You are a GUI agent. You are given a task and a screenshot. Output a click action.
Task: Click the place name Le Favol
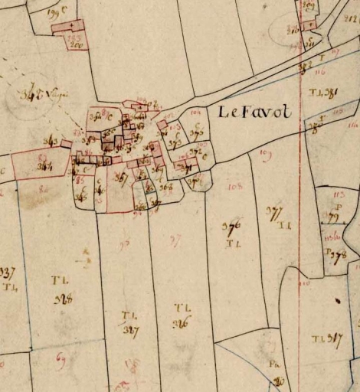coord(255,113)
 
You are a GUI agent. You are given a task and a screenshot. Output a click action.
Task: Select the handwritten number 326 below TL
coord(182,322)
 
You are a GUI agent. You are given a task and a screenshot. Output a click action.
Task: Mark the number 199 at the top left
coord(54,13)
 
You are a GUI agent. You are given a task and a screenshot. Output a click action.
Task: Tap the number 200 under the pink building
coord(75,44)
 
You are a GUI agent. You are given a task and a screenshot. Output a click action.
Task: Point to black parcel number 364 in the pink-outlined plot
coord(45,165)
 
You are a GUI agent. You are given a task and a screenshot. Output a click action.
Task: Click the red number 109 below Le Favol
coord(266,155)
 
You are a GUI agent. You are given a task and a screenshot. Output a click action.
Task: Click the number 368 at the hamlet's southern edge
coord(166,186)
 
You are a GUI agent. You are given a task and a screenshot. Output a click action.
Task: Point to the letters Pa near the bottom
coord(272,365)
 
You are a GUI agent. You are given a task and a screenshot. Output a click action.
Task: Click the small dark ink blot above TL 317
coord(338,301)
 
